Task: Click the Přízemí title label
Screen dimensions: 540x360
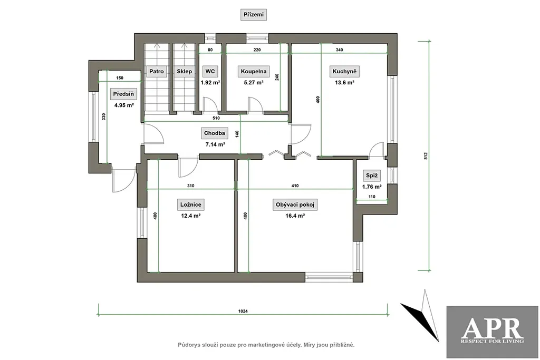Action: [254, 15]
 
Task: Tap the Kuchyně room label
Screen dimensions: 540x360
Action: [344, 72]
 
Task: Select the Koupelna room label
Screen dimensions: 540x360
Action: [254, 72]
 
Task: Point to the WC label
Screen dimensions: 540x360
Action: [210, 71]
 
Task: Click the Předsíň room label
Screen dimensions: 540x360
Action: [123, 94]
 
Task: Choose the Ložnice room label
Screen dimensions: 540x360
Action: [191, 205]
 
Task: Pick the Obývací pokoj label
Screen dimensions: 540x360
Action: [295, 205]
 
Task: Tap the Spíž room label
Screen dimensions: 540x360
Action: [372, 176]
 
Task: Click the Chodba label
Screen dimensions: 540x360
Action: [215, 133]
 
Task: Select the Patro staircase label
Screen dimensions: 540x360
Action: [156, 72]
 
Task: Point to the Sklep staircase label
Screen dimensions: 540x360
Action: [184, 72]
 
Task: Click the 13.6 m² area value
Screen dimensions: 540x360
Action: [344, 83]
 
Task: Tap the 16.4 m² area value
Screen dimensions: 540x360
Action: [295, 216]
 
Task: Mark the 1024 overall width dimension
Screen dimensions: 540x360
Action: [243, 311]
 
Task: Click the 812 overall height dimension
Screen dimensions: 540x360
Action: [426, 155]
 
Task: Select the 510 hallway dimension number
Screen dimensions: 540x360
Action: [216, 118]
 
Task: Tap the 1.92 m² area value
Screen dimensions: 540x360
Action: [210, 83]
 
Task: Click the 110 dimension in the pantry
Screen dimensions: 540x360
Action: [372, 197]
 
